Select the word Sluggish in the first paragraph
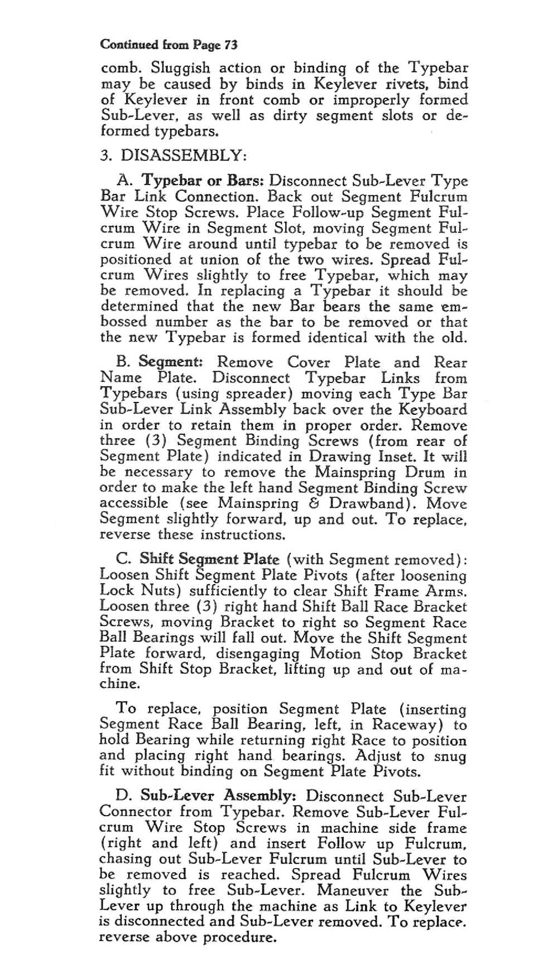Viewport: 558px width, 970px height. click(x=166, y=69)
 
